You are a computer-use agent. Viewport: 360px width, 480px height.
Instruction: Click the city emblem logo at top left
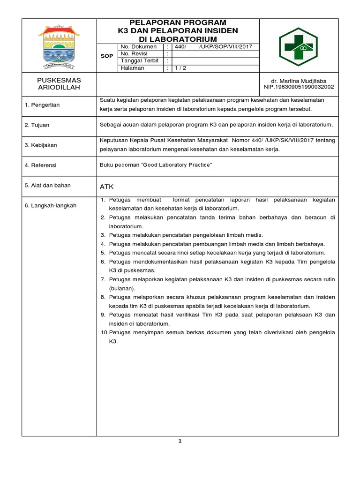[59, 45]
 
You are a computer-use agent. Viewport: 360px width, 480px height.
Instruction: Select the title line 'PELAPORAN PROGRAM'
[178, 22]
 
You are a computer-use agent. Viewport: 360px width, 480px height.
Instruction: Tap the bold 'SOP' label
[107, 56]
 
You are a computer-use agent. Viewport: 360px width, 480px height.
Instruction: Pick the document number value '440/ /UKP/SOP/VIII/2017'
[213, 47]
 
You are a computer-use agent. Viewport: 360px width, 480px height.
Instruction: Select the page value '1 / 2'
[180, 68]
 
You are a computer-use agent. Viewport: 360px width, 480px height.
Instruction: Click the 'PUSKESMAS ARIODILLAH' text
[59, 84]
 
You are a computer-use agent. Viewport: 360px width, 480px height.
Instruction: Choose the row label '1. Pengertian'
[42, 105]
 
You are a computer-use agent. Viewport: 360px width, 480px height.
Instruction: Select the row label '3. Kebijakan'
[41, 145]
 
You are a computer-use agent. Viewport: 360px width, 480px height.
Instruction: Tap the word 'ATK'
[107, 187]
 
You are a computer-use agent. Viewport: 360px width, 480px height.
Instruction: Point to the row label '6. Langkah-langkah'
[50, 205]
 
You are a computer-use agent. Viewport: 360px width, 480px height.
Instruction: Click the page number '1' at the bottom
[180, 441]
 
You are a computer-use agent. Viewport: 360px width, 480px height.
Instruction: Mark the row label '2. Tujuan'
[37, 125]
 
